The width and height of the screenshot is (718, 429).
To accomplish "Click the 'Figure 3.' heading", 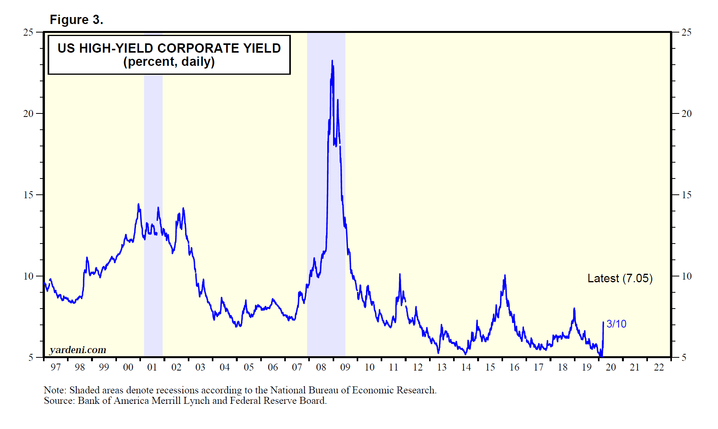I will pos(76,20).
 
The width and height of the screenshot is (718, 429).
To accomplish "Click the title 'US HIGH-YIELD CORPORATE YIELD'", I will pos(169,48).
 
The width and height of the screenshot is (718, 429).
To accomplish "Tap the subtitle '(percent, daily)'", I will pos(169,62).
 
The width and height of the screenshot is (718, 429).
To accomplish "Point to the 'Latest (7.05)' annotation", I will pos(620,278).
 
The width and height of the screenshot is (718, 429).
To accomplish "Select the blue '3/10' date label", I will pos(616,324).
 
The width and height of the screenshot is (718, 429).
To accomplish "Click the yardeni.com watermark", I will pos(78,350).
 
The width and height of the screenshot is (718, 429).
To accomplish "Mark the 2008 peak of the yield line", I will pos(332,61).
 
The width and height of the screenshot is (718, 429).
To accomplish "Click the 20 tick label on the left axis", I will pos(28,114).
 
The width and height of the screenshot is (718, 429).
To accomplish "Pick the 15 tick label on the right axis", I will pos(686,195).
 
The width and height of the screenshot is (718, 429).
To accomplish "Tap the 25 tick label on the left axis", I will pos(28,33).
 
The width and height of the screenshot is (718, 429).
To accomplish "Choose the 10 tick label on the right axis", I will pos(686,276).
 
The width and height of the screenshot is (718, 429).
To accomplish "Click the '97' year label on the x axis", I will pos(56,367).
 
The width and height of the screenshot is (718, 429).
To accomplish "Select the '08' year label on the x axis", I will pos(321,367).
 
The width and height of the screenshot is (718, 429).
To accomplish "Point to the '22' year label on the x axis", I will pos(659,367).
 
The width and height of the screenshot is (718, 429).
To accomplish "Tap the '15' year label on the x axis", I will pos(490,367).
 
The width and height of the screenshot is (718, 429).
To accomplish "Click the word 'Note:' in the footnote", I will pos(55,390).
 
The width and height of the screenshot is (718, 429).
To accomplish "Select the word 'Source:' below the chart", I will pos(59,401).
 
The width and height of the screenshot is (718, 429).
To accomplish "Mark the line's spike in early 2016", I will pos(505,276).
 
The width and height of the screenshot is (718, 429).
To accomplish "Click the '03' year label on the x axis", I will pos(200,367).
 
